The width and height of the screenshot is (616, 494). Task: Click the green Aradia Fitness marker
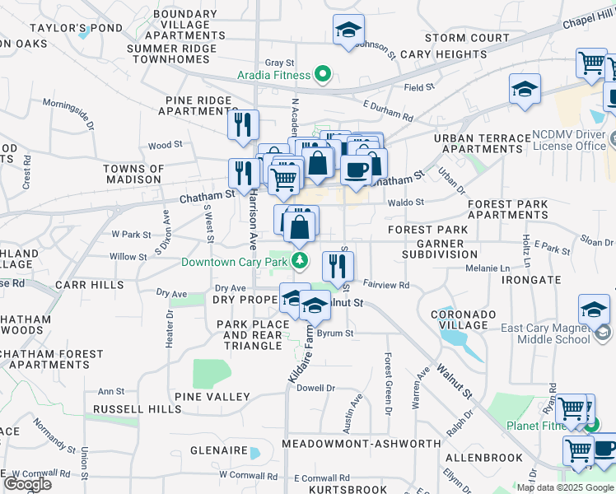[x=323, y=76]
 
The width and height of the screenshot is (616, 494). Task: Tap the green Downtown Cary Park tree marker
[x=301, y=262]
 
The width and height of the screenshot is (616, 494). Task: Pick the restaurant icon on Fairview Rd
[x=338, y=264]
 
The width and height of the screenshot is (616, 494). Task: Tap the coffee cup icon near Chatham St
[x=356, y=170]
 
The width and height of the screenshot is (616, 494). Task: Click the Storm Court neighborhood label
[x=467, y=38]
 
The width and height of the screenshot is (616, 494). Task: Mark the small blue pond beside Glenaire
[x=254, y=453]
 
